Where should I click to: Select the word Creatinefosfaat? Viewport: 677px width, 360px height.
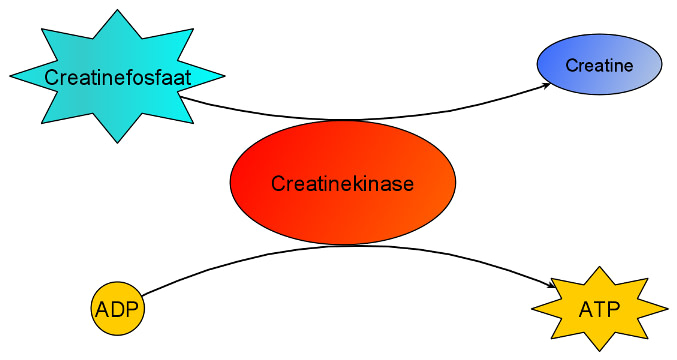pyautogui.click(x=117, y=77)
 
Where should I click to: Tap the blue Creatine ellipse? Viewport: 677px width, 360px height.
pyautogui.click(x=600, y=66)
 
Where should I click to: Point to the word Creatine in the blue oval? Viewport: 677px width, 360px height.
pyautogui.click(x=600, y=66)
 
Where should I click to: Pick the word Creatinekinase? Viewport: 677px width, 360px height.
pyautogui.click(x=343, y=183)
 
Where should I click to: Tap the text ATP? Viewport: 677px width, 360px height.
pyautogui.click(x=599, y=309)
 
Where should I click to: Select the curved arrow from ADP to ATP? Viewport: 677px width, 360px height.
pyautogui.click(x=340, y=246)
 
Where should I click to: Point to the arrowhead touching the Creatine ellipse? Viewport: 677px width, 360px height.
pyautogui.click(x=545, y=85)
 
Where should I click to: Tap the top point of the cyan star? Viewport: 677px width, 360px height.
pyautogui.click(x=118, y=11)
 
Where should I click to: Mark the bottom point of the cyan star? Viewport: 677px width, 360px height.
pyautogui.click(x=118, y=142)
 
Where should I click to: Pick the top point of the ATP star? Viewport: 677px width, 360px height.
pyautogui.click(x=599, y=267)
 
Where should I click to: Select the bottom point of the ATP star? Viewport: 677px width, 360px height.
pyautogui.click(x=599, y=350)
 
